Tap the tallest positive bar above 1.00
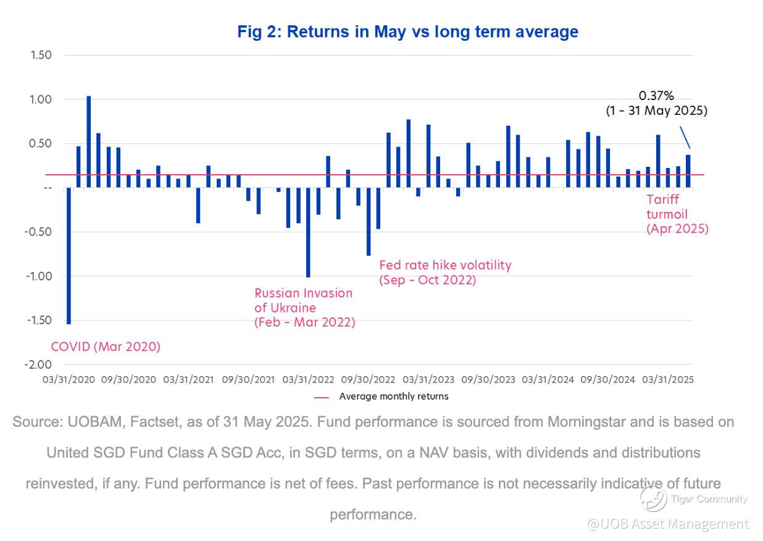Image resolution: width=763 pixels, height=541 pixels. click(89, 141)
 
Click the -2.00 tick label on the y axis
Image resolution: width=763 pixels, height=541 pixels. click(38, 364)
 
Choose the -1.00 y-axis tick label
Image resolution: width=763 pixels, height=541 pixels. click(38, 276)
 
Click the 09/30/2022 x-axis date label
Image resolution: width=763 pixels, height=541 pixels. click(369, 379)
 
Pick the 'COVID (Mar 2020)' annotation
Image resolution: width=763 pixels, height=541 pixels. click(106, 346)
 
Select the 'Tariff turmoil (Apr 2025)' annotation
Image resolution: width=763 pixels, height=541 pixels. click(677, 214)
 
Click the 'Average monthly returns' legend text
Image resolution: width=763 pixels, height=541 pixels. click(394, 396)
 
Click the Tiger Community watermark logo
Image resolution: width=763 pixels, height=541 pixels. click(653, 498)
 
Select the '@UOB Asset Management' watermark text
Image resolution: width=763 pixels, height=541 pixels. click(668, 524)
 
